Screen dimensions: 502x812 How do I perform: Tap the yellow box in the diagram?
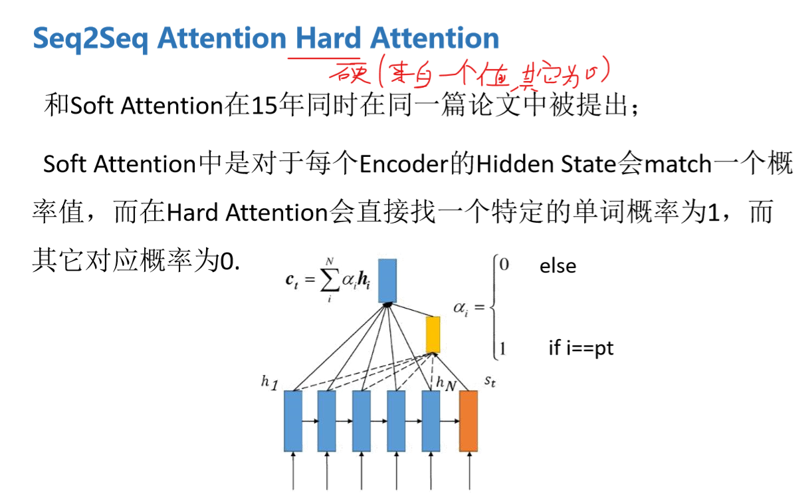tap(433, 334)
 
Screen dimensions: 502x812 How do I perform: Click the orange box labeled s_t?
tap(468, 421)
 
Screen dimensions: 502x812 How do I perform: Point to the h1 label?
tap(269, 382)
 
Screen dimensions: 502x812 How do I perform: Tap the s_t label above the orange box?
tap(489, 380)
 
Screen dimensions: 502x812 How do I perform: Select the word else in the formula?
tap(558, 267)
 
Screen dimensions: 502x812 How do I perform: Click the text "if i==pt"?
tap(580, 348)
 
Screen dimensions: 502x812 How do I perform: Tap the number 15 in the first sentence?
tap(264, 106)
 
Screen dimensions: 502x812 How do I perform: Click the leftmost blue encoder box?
tap(293, 421)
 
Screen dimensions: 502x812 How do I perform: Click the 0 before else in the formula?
tap(504, 265)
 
